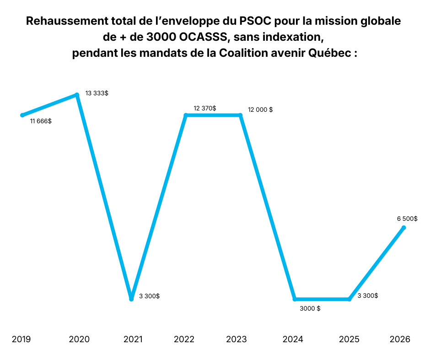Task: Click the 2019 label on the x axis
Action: pyautogui.click(x=21, y=339)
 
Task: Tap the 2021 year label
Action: pyautogui.click(x=133, y=339)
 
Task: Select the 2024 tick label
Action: pyautogui.click(x=293, y=339)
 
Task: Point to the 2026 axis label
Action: pyautogui.click(x=400, y=339)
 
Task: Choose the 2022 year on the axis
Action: pyautogui.click(x=184, y=339)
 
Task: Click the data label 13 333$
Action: pyautogui.click(x=97, y=93)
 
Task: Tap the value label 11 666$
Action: pyautogui.click(x=41, y=121)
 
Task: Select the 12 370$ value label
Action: pyautogui.click(x=205, y=108)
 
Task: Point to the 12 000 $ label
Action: pyautogui.click(x=260, y=110)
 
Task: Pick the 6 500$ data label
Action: pyautogui.click(x=407, y=219)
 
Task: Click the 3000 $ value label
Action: pyautogui.click(x=310, y=308)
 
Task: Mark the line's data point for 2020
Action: pyautogui.click(x=77, y=95)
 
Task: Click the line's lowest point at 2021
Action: pyautogui.click(x=131, y=299)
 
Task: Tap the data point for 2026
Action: pyautogui.click(x=403, y=228)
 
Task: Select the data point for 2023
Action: pyautogui.click(x=241, y=115)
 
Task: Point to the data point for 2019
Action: pyautogui.click(x=22, y=115)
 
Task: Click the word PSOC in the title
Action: pyautogui.click(x=255, y=22)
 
